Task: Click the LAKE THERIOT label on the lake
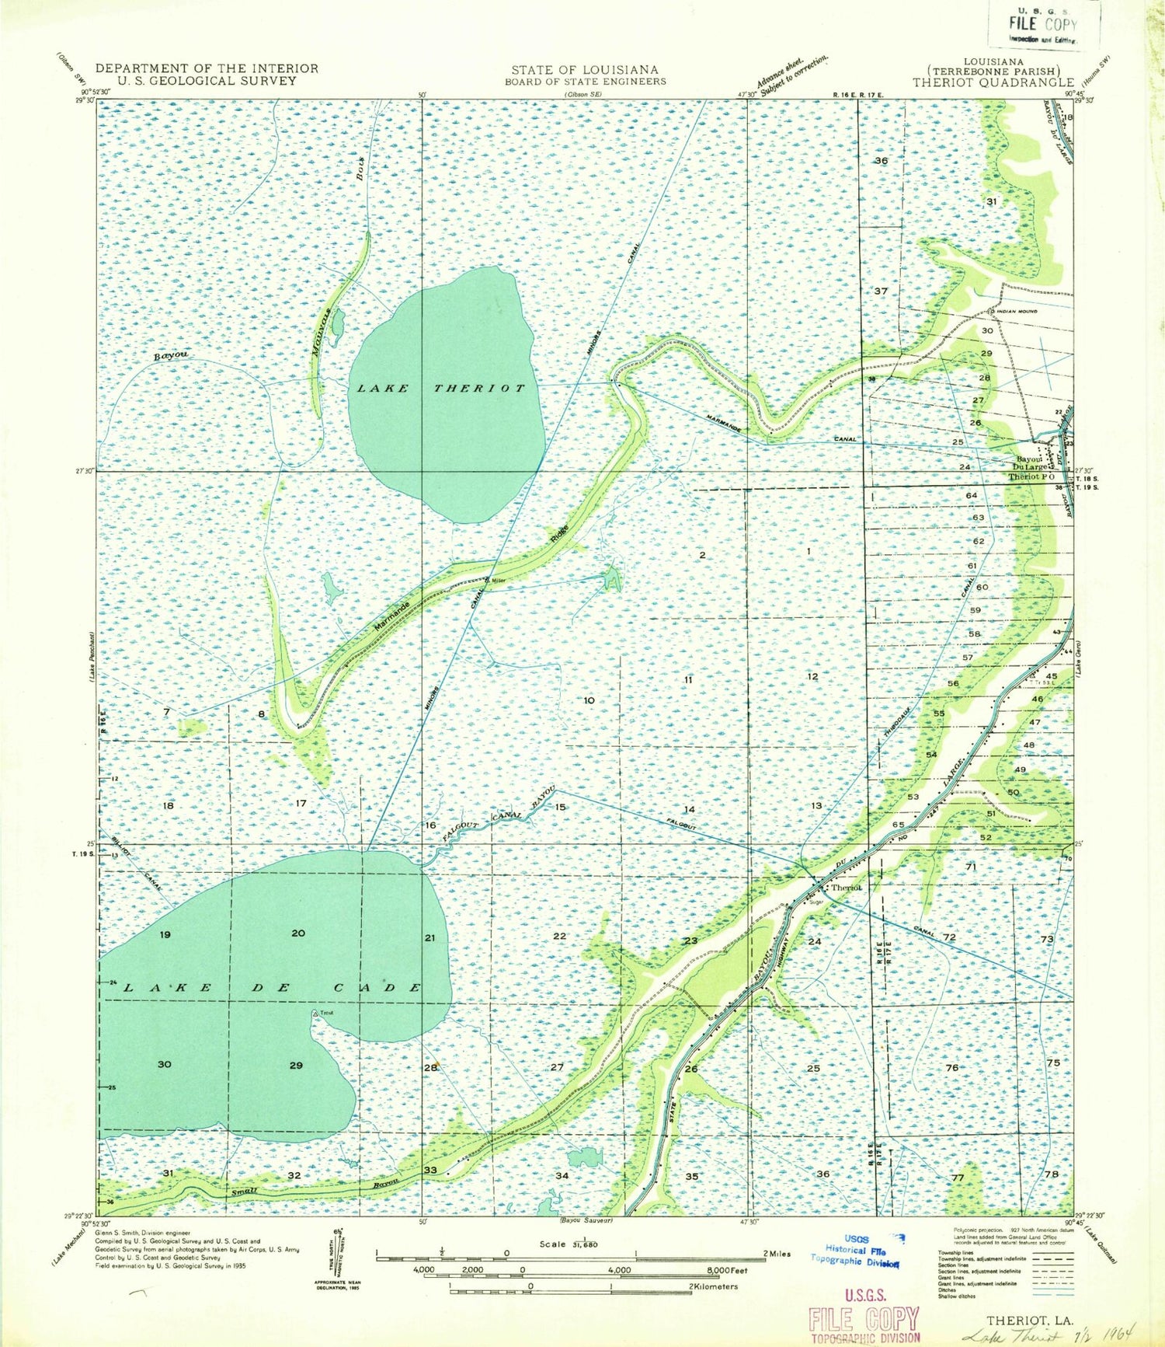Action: pos(441,388)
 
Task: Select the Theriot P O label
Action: pos(1031,476)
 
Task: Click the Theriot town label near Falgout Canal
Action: pos(846,887)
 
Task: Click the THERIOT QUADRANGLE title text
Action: pos(993,82)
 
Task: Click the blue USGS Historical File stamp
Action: pos(854,1251)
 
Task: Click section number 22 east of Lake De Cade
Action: pos(560,936)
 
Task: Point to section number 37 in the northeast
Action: pos(880,291)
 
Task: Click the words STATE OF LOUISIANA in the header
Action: pos(584,69)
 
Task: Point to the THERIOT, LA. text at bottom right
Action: pos(1019,1320)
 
